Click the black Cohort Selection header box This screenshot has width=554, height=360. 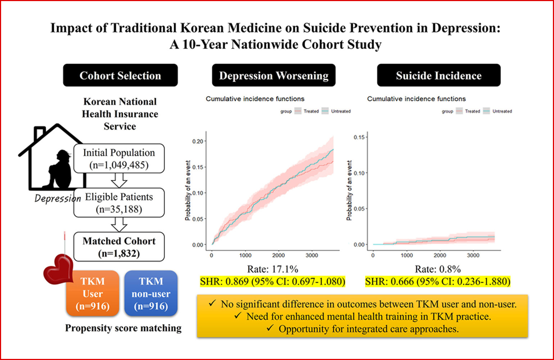tap(120, 75)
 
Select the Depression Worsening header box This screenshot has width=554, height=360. tap(273, 75)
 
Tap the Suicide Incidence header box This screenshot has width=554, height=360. tap(438, 75)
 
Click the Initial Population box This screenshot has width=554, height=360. tap(119, 158)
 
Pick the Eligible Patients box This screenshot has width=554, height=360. tap(119, 203)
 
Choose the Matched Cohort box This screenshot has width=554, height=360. tap(119, 247)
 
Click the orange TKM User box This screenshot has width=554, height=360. tap(93, 293)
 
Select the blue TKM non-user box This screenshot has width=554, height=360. tap(151, 293)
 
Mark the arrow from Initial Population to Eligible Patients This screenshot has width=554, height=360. tap(119, 180)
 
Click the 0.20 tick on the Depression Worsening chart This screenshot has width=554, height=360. tap(198, 141)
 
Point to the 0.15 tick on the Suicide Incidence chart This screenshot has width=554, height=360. tap(359, 137)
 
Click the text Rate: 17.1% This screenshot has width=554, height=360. tap(272, 269)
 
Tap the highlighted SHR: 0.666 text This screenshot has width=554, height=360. tap(438, 281)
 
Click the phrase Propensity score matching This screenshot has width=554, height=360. tap(123, 328)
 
